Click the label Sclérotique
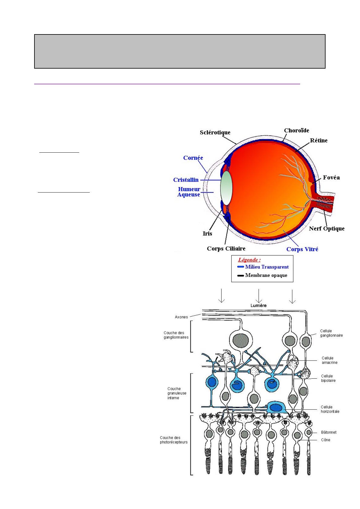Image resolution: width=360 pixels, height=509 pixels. coord(215,132)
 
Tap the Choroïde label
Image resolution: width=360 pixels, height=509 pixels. coord(297,130)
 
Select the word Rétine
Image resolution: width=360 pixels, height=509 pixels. coord(319,140)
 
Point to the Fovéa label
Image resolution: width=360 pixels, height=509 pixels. coord(331,177)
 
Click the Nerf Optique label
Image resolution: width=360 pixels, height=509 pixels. coord(326,229)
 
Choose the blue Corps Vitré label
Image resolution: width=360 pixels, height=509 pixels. coord(302,249)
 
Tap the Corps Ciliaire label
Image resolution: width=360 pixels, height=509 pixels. coord(226,248)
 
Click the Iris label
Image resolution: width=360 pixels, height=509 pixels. coord(207,233)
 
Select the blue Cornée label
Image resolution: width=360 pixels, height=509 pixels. coord(193,158)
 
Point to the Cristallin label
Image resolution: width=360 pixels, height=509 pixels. coord(186,180)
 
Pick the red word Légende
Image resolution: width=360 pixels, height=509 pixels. coord(249,260)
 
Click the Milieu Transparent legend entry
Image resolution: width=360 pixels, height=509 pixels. coord(267,267)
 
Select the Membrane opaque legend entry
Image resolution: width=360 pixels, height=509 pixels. coord(266,275)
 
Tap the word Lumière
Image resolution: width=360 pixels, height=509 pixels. coord(258,306)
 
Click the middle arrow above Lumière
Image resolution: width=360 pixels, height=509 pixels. coord(259,296)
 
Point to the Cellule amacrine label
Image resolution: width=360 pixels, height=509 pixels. coord(329,360)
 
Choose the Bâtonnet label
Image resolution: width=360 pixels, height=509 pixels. coord(329,432)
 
